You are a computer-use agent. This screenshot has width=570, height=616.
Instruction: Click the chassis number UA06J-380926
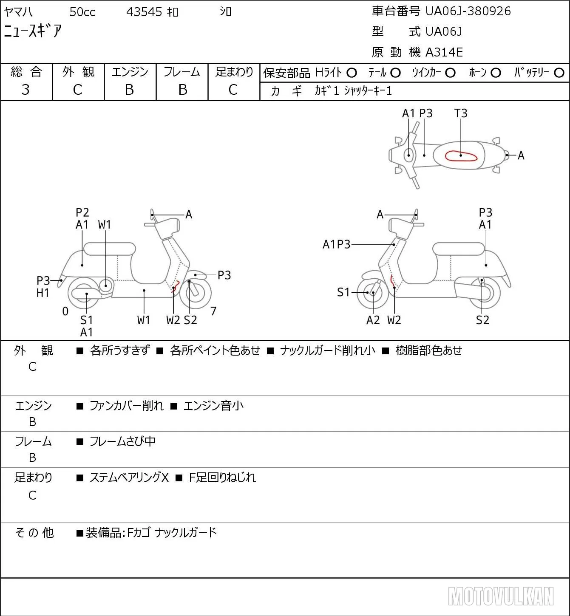point(468,11)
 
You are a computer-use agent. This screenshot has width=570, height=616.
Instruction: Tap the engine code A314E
point(444,52)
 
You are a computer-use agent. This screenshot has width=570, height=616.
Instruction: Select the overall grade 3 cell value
point(26,90)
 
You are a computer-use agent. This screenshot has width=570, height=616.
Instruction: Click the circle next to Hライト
point(352,73)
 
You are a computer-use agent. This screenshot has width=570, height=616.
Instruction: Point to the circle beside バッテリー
point(559,73)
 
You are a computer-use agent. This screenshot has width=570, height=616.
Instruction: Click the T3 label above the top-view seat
point(461,113)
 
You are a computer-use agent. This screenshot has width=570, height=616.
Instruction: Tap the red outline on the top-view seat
point(461,156)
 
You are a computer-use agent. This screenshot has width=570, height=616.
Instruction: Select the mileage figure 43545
point(144,12)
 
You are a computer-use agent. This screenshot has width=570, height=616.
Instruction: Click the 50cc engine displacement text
point(82,12)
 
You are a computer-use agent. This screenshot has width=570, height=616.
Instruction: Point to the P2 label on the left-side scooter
point(82,212)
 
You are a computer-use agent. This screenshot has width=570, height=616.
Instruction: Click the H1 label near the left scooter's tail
point(43,293)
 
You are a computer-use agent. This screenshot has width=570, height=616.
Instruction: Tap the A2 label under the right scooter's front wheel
point(373,320)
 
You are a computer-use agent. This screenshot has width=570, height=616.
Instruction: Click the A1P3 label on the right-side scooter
point(337,244)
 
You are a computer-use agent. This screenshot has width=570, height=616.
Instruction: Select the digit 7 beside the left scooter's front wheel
point(213,311)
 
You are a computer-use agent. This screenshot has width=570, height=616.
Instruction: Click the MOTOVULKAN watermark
point(501,596)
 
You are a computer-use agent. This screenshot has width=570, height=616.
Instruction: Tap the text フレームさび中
point(122,441)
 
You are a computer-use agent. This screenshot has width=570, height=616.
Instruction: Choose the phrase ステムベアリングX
point(129,478)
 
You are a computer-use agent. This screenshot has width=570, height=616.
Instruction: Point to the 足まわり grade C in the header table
point(233,90)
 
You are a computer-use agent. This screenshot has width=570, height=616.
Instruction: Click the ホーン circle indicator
point(496,73)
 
